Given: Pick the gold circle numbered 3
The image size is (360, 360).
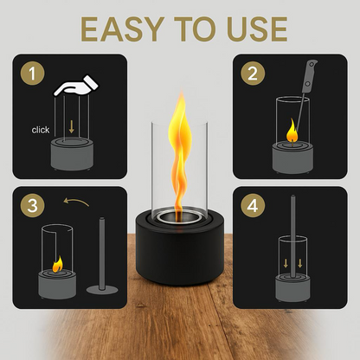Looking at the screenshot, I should (x=34, y=206).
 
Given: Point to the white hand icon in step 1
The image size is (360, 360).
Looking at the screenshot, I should (x=76, y=87).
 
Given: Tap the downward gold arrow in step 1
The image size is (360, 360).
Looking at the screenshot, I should (x=73, y=125).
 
